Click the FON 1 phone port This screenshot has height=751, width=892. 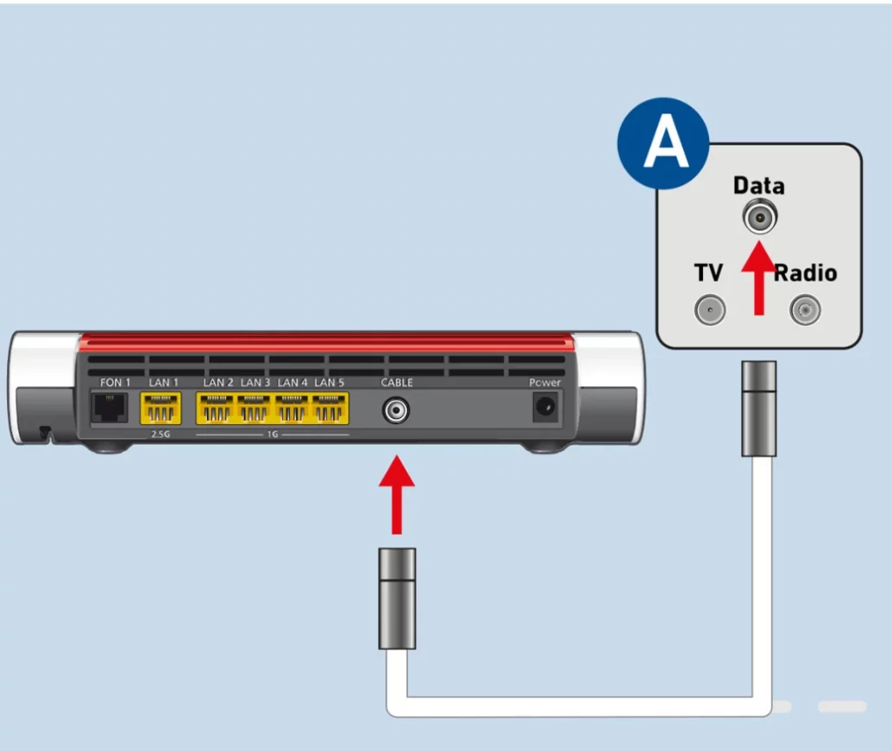pyautogui.click(x=110, y=407)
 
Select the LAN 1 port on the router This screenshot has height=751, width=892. pyautogui.click(x=160, y=408)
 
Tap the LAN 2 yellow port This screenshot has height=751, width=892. pyautogui.click(x=217, y=408)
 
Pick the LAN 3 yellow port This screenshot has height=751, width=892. pyautogui.click(x=255, y=408)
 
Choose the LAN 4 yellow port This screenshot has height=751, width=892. pyautogui.click(x=293, y=408)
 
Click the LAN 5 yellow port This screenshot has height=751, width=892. pyautogui.click(x=330, y=408)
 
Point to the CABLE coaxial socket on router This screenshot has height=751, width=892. pyautogui.click(x=396, y=410)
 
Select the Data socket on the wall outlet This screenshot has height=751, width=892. pyautogui.click(x=759, y=218)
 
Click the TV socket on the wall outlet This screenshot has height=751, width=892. pyautogui.click(x=710, y=309)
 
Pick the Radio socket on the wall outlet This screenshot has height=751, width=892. pyautogui.click(x=804, y=309)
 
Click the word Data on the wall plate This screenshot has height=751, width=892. pyautogui.click(x=758, y=185)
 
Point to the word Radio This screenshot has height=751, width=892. pyautogui.click(x=805, y=273)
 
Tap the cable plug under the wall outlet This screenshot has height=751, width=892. pyautogui.click(x=759, y=410)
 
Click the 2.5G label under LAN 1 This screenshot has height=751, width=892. pyautogui.click(x=160, y=434)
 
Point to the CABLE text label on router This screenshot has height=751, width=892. pyautogui.click(x=397, y=382)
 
